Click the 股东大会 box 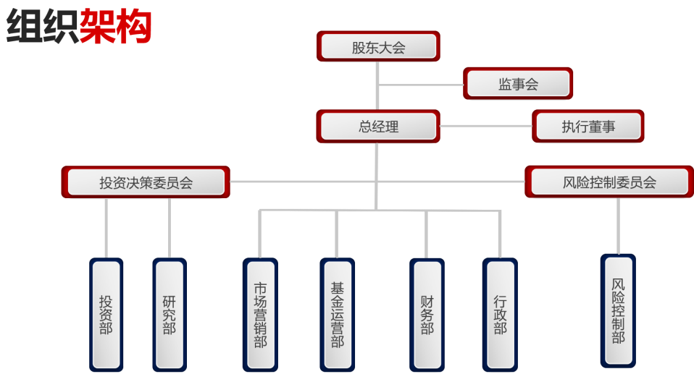pos(378,48)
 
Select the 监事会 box pos(518,84)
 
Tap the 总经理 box pos(378,127)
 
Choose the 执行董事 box pos(588,127)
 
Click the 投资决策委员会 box pos(146,182)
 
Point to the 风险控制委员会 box pos(609,182)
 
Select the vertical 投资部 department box pos(106,314)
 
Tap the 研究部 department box pos(170,314)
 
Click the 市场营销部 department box pos(260,315)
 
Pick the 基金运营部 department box pos(337,315)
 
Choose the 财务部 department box pos(427,314)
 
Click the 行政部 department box pos(501,314)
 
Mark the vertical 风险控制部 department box pos(618,310)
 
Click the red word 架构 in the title pos(116,27)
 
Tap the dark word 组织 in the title pos(42,27)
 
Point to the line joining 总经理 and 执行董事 pos(485,126)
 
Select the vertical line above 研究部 pos(170,228)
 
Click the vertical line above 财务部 pos(426,235)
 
